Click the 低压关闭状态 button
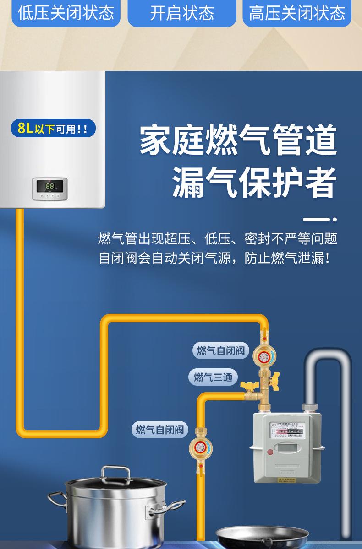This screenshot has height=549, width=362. click(x=65, y=12)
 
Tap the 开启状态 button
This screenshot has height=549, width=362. click(x=182, y=12)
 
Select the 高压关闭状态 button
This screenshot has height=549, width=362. click(x=297, y=12)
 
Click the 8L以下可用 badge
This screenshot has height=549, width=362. click(x=53, y=128)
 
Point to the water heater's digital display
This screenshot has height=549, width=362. click(x=49, y=187)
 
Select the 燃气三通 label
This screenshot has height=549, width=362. click(x=213, y=377)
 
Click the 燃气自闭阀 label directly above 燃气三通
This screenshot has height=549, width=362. click(x=220, y=351)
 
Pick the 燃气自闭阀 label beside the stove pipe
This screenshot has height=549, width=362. click(x=160, y=430)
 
